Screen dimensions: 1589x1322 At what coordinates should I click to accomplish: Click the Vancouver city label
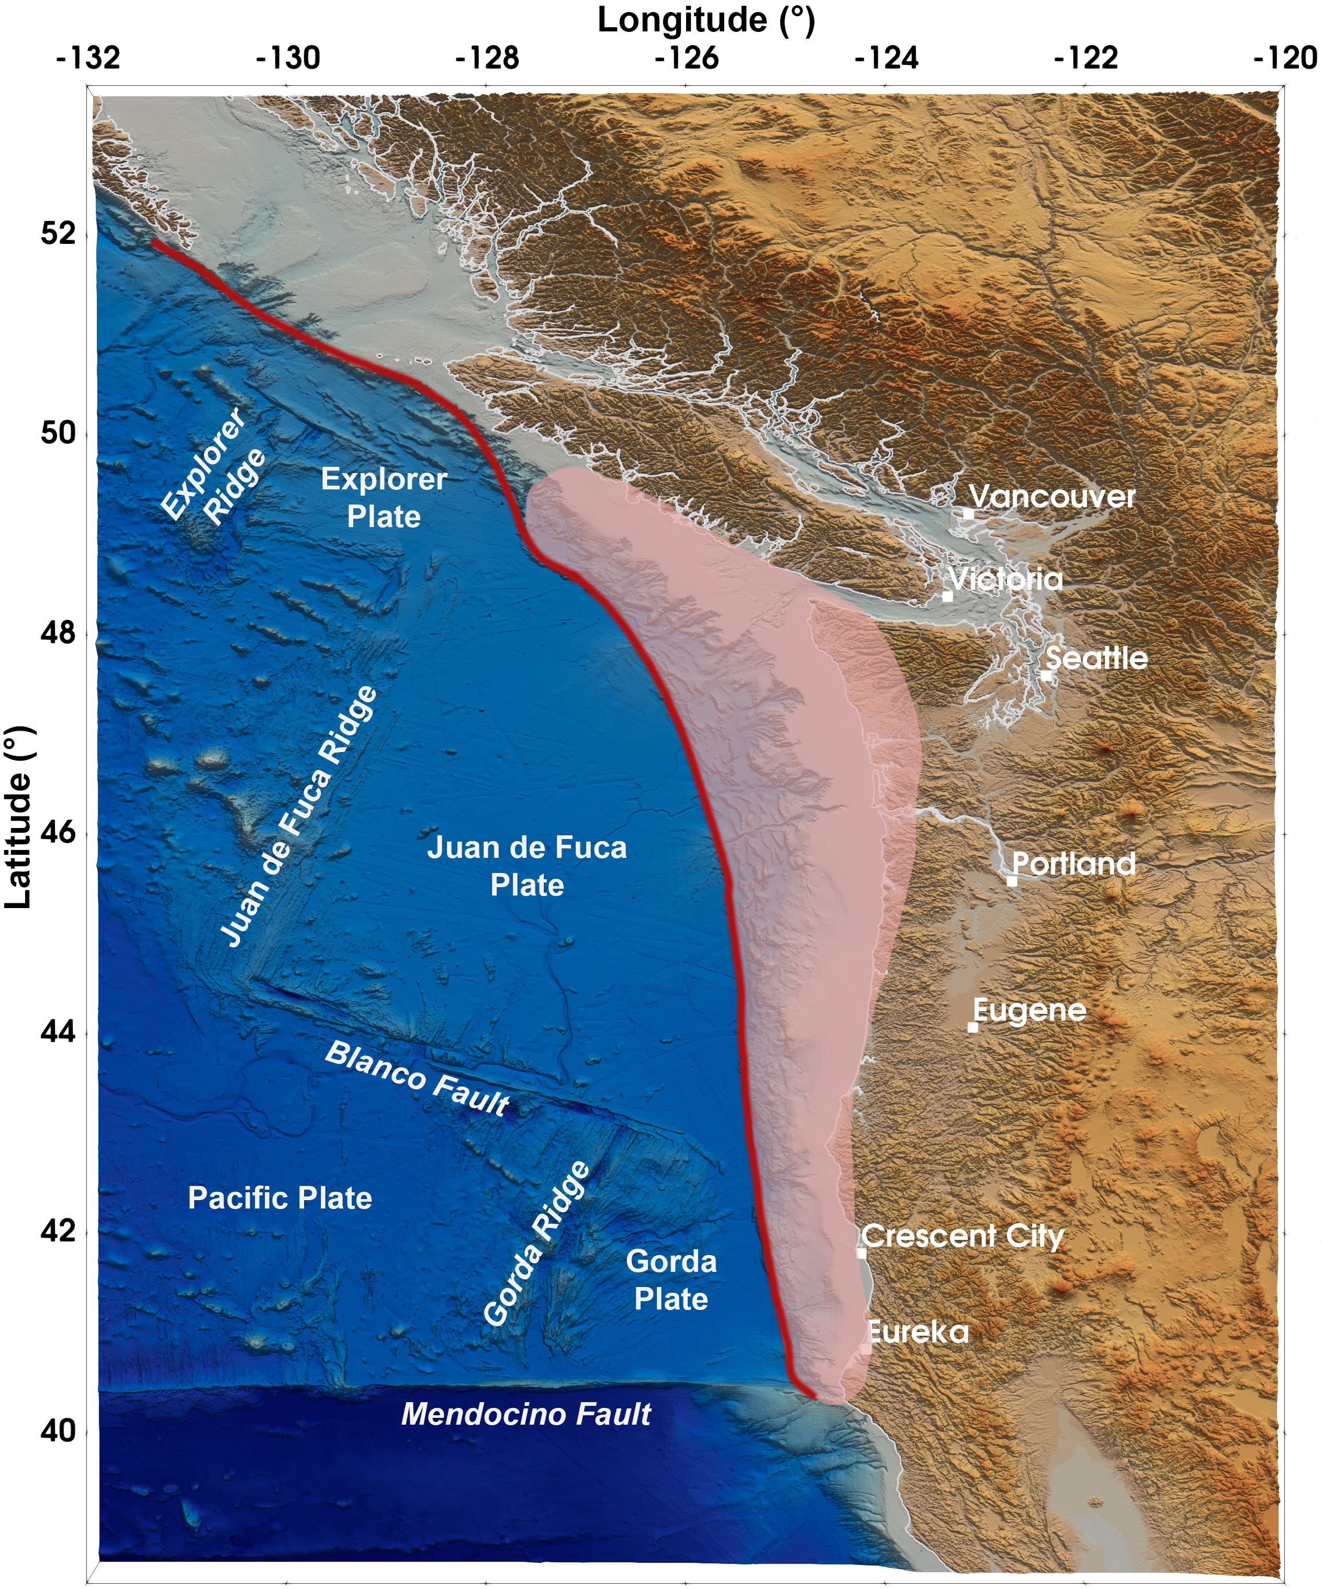pos(1052,497)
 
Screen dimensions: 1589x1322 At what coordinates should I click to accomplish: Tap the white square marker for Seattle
pos(1046,675)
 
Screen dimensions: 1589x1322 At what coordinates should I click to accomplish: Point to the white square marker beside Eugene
pos(973,1027)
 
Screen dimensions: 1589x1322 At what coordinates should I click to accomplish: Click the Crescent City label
pos(962,1236)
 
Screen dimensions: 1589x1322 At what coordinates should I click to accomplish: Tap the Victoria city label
pos(1006,579)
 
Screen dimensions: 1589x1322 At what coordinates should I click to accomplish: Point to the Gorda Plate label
pos(671,1280)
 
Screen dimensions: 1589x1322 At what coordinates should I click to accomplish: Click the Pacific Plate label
pos(280,1198)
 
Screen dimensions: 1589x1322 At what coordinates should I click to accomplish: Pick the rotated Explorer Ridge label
pos(214,467)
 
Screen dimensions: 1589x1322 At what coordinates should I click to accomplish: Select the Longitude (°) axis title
pos(706,20)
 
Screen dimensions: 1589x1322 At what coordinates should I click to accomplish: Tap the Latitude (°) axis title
pos(18,817)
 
